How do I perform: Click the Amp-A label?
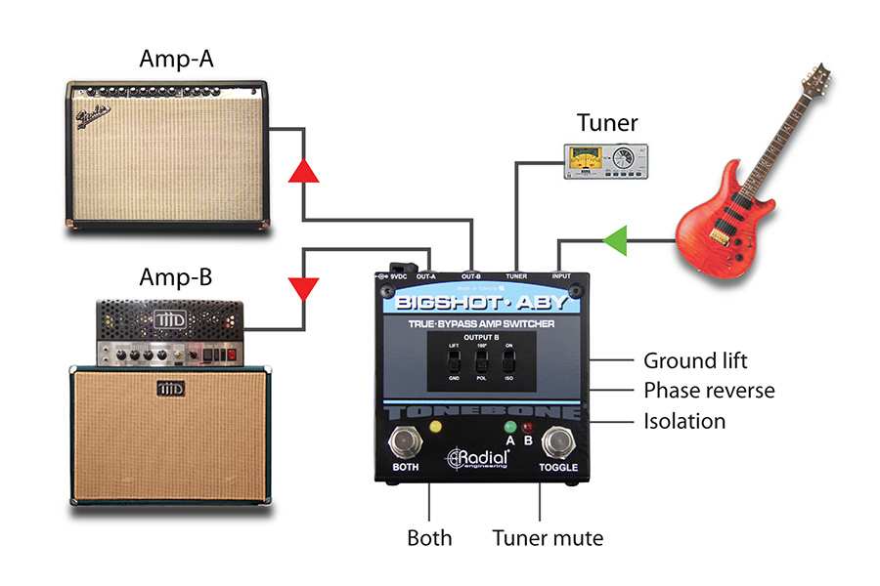[177, 62]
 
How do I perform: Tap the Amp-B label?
[175, 277]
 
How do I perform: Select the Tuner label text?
[606, 123]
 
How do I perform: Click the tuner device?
[606, 160]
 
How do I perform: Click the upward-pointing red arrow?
[304, 170]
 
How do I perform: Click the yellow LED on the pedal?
[435, 426]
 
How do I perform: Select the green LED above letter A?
[509, 427]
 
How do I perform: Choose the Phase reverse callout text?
[709, 391]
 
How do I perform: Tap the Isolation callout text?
[684, 422]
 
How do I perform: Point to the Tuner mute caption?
[548, 538]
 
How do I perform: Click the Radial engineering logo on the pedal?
[479, 457]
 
